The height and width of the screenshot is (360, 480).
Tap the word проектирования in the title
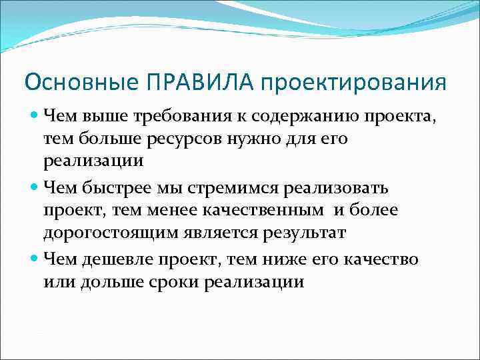(x=353, y=83)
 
